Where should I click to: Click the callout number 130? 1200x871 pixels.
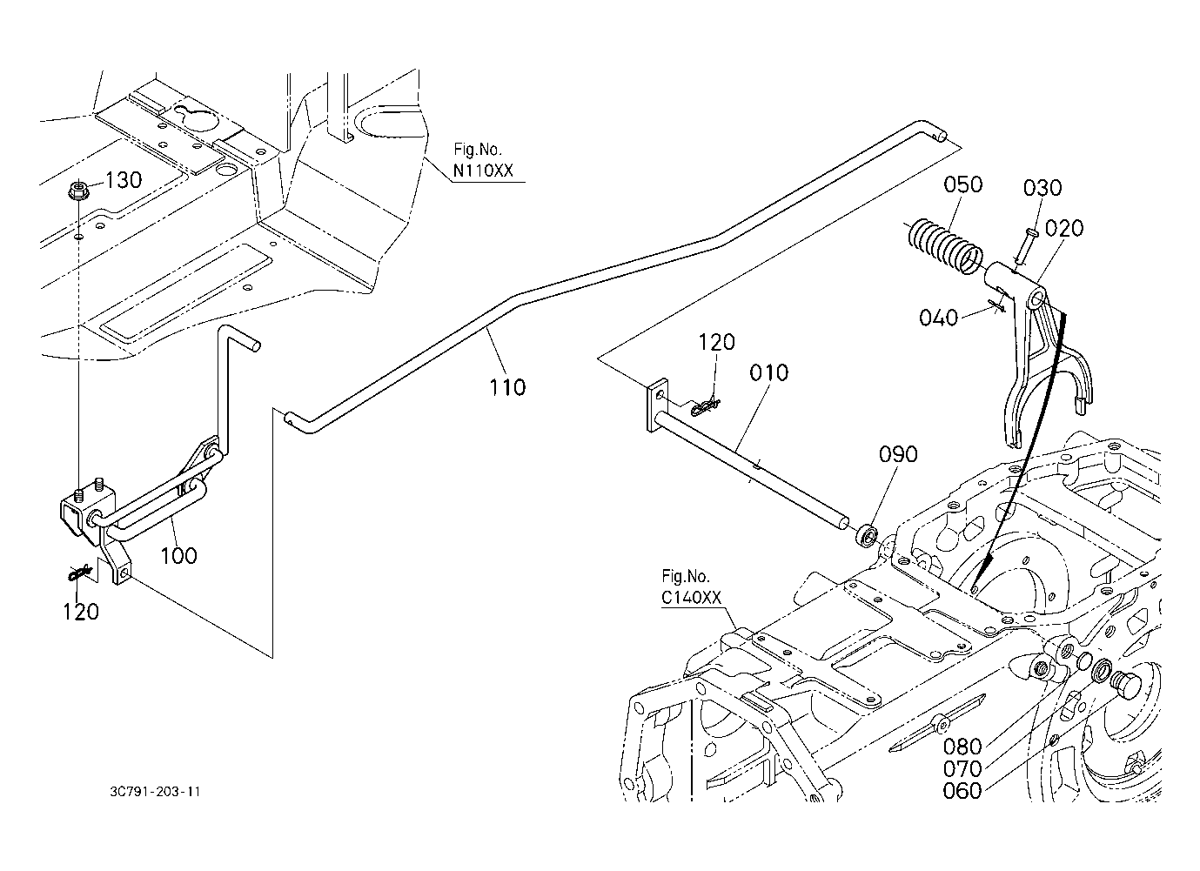coord(124,180)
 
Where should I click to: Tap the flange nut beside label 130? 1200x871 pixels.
coord(77,191)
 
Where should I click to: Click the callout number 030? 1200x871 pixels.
coord(1042,188)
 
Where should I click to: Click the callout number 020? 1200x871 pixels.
coord(1064,229)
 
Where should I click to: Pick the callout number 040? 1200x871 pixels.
coord(938,318)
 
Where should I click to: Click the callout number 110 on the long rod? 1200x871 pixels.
coord(507,387)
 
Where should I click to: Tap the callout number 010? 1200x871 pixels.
coord(768,372)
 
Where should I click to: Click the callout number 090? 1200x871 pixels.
coord(898,454)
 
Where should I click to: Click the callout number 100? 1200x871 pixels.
coord(179,555)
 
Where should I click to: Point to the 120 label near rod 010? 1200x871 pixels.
coord(717,342)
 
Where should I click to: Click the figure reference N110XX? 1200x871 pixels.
coord(483,171)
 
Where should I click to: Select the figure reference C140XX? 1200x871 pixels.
coord(691,598)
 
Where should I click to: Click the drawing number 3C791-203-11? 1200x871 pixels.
coord(155,792)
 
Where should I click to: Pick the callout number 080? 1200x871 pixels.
coord(962,747)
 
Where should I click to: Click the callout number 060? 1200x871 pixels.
coord(962,791)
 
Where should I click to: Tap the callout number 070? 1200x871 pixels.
coord(962,769)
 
